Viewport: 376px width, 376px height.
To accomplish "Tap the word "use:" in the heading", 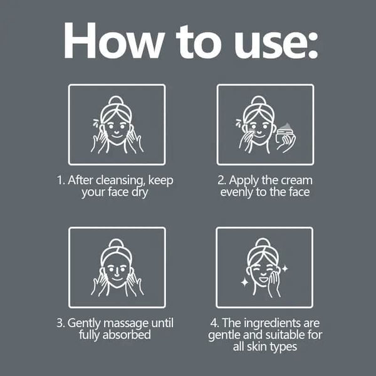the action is point(276,44).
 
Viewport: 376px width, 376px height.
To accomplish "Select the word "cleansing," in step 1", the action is point(120,180).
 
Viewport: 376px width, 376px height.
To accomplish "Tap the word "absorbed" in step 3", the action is point(127,335).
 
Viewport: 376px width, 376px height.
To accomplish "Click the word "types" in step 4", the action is point(284,347).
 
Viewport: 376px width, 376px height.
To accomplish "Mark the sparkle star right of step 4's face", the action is point(285,269).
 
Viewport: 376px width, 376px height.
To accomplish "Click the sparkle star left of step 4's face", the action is point(244,283).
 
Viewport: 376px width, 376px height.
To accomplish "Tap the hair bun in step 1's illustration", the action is point(116,100).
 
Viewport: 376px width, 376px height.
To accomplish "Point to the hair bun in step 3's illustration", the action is point(116,243).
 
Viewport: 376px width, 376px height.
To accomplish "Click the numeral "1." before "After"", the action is point(61,180).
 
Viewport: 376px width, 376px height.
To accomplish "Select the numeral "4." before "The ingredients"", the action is point(215,323).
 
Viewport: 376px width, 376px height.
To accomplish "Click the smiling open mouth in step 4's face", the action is point(263,279).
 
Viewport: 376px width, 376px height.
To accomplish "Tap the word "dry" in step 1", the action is point(140,192).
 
